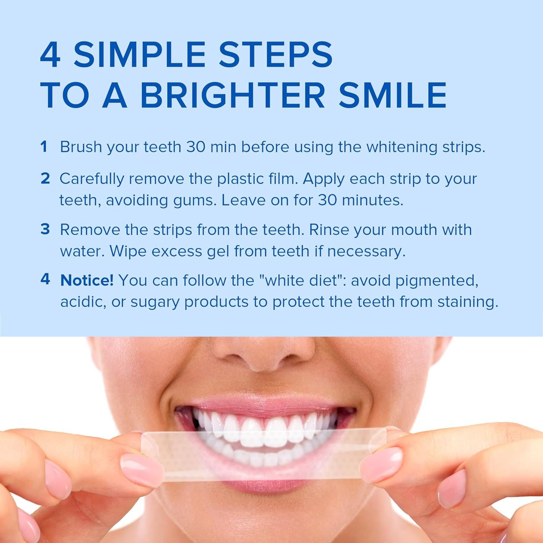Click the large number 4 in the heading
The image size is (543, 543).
point(50,55)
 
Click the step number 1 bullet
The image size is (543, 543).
point(44,147)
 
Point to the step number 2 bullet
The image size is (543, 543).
point(45,179)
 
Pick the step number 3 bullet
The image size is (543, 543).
point(45,229)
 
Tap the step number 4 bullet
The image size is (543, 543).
point(45,279)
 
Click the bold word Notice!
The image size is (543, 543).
point(87,281)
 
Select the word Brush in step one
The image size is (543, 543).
point(81,147)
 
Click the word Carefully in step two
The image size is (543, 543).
point(91,179)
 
